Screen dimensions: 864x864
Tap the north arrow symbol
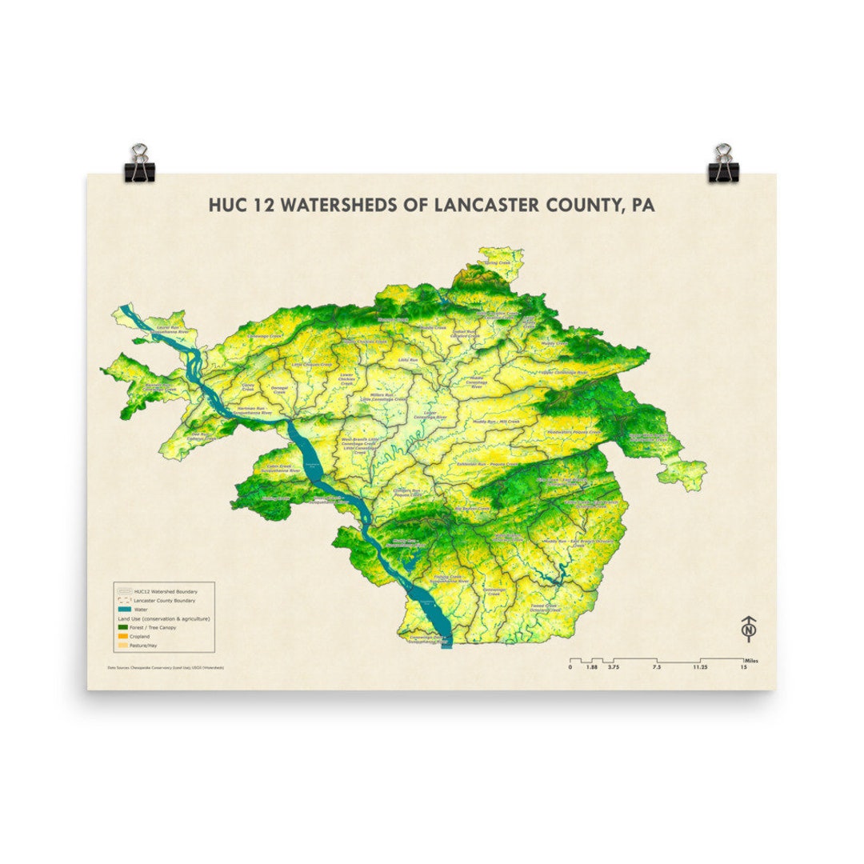[749, 629]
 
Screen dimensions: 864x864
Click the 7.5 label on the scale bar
[656, 666]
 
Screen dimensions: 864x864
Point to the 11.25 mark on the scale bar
[700, 666]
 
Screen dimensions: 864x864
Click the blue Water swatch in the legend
[124, 610]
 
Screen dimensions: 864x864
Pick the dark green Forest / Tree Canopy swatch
[124, 628]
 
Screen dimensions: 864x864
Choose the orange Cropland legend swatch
[124, 637]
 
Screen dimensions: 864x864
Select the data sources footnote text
[165, 666]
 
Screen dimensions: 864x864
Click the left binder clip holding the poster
[139, 163]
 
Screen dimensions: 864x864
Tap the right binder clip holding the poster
[723, 163]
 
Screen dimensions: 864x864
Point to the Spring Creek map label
[497, 262]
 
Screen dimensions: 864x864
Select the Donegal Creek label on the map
[279, 390]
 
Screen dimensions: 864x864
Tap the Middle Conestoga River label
[477, 382]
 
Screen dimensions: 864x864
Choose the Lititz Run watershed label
[408, 360]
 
